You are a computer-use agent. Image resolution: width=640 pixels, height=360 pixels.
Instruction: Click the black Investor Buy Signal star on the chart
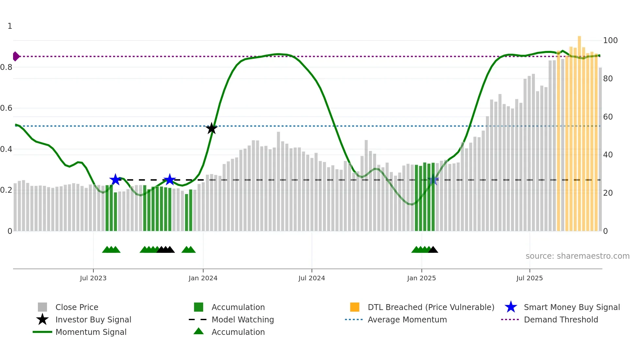[212, 128]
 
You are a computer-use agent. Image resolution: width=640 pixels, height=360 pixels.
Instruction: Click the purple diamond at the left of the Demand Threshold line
[16, 57]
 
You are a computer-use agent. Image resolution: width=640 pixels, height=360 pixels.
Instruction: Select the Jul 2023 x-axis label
[93, 278]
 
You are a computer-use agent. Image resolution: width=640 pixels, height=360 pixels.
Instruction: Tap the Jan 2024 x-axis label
[203, 278]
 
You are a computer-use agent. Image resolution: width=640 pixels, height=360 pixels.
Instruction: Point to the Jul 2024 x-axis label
[312, 278]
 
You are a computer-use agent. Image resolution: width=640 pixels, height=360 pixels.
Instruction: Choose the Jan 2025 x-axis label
[421, 278]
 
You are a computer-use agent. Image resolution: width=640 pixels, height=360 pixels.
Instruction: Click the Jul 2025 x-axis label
[529, 278]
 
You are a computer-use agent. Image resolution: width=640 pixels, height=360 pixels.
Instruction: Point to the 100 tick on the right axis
[610, 41]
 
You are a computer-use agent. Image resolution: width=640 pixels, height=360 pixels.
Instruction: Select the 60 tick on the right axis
[608, 117]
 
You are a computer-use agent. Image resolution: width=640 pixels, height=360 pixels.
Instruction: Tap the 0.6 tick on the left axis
[6, 108]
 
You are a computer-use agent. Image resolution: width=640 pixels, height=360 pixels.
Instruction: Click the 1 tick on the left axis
[10, 26]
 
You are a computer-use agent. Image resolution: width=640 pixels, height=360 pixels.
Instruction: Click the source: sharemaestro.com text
[577, 256]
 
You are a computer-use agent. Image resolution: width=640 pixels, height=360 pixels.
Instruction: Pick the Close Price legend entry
[77, 307]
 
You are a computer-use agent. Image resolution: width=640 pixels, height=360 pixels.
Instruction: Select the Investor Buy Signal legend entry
[93, 319]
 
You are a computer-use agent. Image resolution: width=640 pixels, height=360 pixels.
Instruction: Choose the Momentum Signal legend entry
[91, 332]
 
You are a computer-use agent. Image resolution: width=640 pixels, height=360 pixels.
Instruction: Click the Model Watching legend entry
[243, 319]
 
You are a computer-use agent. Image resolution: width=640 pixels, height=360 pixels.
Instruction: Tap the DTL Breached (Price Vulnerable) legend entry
[431, 307]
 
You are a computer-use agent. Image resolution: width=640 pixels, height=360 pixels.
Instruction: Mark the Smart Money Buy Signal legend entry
[571, 307]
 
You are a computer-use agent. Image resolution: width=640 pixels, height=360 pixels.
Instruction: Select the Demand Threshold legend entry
[561, 319]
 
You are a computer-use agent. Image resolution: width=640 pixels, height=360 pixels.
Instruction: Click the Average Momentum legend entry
[407, 319]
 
